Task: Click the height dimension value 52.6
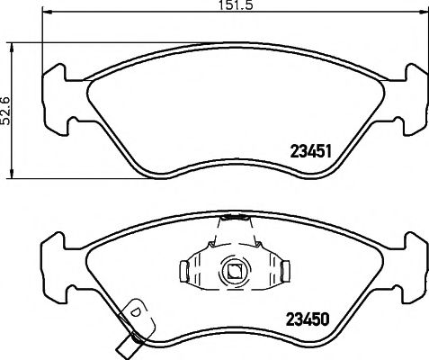(6, 111)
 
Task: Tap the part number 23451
(311, 151)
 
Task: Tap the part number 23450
(308, 319)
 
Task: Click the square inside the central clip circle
(235, 272)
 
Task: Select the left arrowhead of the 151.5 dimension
(48, 12)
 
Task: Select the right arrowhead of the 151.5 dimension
(423, 12)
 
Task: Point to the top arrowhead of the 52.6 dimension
(12, 49)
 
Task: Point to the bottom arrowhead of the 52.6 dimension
(12, 174)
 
